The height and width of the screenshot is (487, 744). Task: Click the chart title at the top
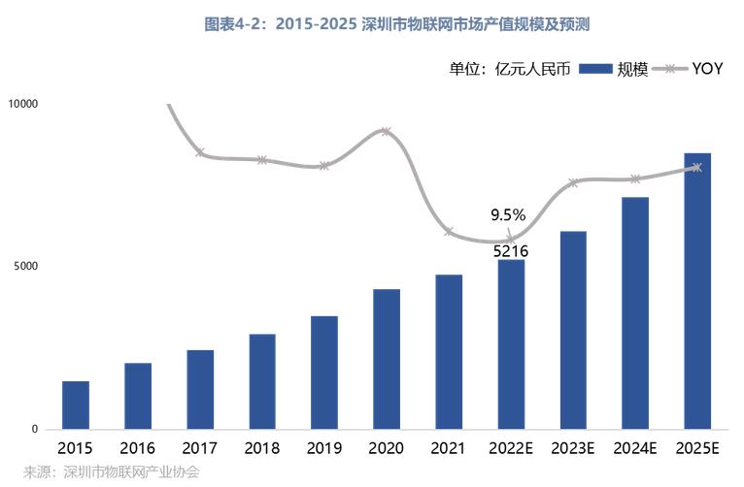396,23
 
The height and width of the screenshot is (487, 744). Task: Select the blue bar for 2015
76,406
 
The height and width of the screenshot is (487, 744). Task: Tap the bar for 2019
324,373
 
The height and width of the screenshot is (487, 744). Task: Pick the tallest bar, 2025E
697,291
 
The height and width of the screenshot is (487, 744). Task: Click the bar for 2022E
511,344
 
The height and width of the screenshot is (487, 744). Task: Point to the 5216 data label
511,251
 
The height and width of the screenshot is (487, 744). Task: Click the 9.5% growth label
508,215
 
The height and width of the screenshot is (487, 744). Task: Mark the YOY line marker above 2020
387,131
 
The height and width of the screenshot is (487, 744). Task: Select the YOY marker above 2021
449,232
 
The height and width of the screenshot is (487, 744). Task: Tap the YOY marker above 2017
200,152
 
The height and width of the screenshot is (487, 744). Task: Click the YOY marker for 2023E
573,182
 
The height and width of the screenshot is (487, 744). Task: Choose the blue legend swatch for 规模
596,69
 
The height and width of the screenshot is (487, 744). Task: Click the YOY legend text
707,69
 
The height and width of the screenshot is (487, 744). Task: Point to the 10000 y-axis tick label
22,104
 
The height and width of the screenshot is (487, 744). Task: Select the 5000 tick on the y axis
25,266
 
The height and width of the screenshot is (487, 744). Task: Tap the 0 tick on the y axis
35,429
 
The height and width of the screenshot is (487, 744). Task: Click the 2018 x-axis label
262,448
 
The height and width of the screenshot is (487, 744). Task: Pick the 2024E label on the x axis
635,448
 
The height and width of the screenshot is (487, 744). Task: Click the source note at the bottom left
111,471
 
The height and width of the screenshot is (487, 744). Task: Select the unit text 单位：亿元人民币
510,69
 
